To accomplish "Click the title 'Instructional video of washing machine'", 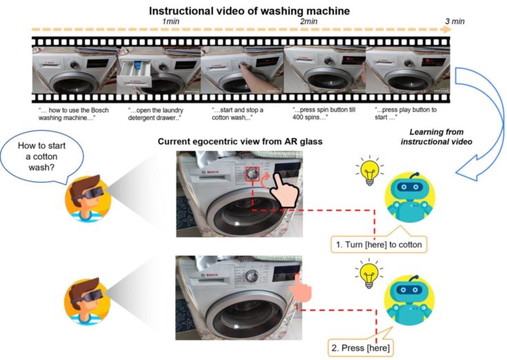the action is (249, 10).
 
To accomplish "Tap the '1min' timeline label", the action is (170, 21).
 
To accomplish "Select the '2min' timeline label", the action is (308, 21).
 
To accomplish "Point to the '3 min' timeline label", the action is (455, 21).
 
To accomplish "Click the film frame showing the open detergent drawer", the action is (159, 70).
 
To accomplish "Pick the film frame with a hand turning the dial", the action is (242, 70).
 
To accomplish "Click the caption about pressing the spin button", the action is (324, 113).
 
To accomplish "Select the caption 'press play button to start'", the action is (406, 113).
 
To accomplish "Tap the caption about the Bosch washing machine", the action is (73, 114).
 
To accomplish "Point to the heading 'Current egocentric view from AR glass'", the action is (240, 141).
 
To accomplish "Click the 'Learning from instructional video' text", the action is (436, 137).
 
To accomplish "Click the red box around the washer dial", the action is (252, 174).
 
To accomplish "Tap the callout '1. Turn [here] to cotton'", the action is (379, 245).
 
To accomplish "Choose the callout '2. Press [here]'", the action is (361, 348).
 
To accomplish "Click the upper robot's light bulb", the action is (370, 170).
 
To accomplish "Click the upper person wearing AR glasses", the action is (88, 198).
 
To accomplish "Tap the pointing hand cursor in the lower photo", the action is (300, 288).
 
